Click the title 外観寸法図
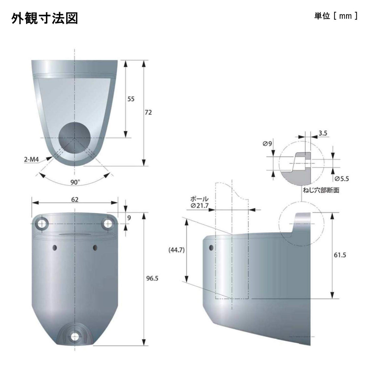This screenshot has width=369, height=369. [x=45, y=18]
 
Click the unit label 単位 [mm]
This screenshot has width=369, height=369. [x=336, y=16]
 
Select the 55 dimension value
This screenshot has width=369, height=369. [x=131, y=99]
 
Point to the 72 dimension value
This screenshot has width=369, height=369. [x=148, y=113]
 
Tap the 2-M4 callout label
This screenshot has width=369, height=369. [x=31, y=159]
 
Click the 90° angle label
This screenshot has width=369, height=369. [x=75, y=182]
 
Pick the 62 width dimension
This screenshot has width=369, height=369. [x=74, y=200]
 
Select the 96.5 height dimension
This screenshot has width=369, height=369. [x=152, y=279]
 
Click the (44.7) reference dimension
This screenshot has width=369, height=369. [x=177, y=250]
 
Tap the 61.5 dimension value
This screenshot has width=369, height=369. [x=340, y=255]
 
